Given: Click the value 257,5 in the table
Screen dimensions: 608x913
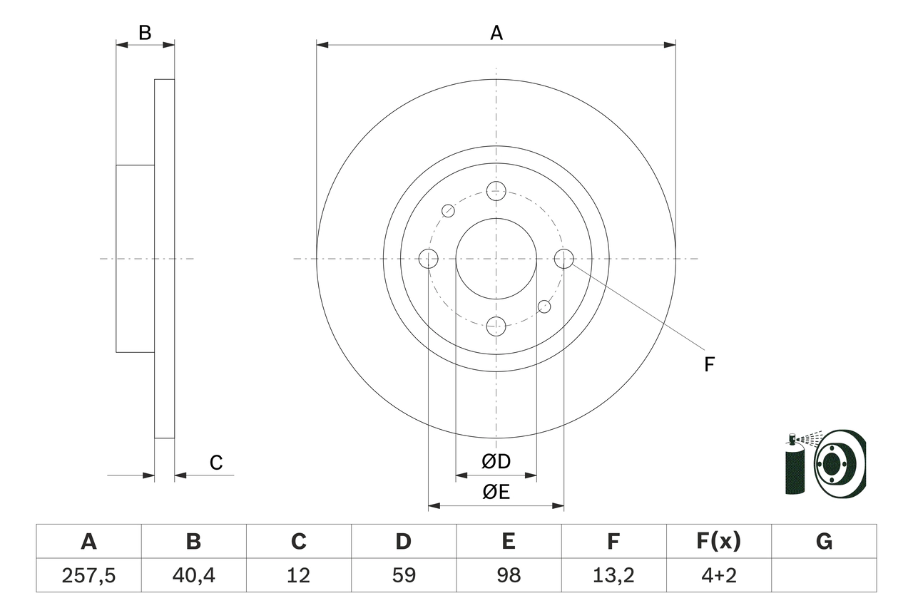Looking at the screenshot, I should coord(88,575).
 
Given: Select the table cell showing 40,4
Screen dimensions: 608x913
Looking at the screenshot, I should coord(193,575).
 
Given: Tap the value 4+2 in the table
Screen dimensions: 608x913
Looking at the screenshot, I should coord(719,575).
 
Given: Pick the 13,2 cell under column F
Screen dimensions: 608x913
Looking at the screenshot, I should coord(613,575).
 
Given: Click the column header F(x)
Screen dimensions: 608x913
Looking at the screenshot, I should coord(719,542).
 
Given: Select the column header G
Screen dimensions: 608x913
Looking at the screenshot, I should coord(824,542).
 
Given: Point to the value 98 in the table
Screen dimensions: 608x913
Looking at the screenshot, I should coord(509,575).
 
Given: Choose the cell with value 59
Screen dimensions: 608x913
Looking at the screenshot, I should coord(404,575).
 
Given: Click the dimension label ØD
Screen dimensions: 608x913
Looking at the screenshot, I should coord(496,462).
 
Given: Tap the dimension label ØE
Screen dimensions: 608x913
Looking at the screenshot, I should coord(496,493).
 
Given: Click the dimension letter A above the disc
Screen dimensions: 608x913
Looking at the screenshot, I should coord(496,33).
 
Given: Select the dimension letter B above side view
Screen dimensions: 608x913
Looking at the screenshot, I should coord(145,33).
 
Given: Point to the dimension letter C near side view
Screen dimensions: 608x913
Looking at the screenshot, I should coord(216,463).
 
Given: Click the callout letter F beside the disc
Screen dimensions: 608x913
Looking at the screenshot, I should coord(709,365).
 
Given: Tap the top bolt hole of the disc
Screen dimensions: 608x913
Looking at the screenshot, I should coord(496,190).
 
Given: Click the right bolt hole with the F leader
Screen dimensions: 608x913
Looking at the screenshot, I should coord(564,259).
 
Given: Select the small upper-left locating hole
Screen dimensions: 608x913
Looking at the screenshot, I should coord(448,210).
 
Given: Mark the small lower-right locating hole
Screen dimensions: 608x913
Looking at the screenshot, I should coord(544,306).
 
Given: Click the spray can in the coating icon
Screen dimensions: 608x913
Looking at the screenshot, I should coord(794,467).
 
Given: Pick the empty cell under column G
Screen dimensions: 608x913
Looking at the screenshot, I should coord(824,575).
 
